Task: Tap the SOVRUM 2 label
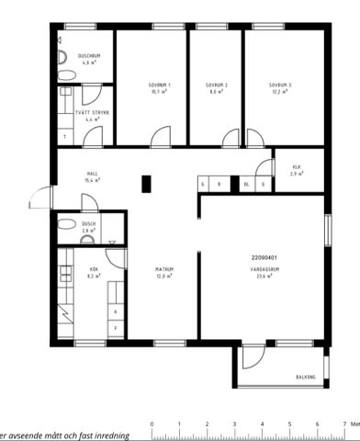click(x=218, y=85)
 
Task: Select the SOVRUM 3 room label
click(x=280, y=85)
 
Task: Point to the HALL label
click(x=92, y=173)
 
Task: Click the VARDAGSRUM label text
click(x=263, y=269)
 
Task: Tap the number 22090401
click(x=264, y=257)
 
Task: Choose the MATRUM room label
click(x=164, y=269)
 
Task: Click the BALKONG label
click(x=306, y=377)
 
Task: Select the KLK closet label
click(x=296, y=167)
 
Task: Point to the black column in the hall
click(x=145, y=183)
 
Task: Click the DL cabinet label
click(x=246, y=185)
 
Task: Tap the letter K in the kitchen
click(x=115, y=311)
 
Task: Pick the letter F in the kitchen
click(x=115, y=327)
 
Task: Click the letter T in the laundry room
click(x=64, y=137)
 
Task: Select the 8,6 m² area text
click(x=218, y=92)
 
